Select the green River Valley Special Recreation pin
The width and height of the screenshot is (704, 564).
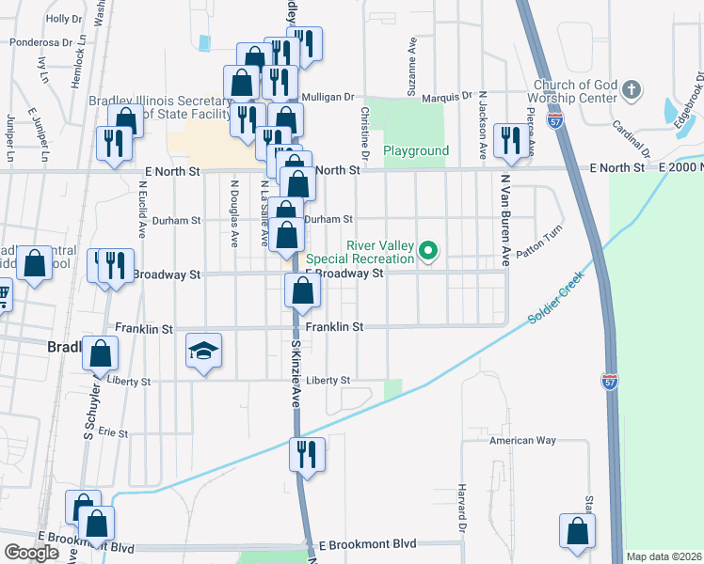(x=429, y=250)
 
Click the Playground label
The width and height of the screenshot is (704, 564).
(x=416, y=150)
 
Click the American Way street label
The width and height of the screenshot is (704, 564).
(x=522, y=440)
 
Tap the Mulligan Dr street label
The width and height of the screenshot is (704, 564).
(x=328, y=97)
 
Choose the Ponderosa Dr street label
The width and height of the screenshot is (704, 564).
(x=41, y=42)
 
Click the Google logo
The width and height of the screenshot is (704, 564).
(x=31, y=553)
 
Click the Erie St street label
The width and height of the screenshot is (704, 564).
(x=113, y=432)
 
